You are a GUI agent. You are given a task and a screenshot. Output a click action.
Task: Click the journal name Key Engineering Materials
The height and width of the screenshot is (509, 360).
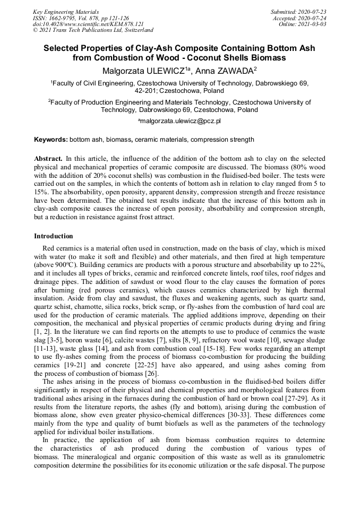[66, 11]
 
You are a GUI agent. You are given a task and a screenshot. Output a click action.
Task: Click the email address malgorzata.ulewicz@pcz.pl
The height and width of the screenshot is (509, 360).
[181, 121]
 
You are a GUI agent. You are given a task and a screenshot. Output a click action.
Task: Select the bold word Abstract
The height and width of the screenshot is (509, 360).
[48, 159]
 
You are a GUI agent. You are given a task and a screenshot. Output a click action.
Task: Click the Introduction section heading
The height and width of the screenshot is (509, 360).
[54, 236]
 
